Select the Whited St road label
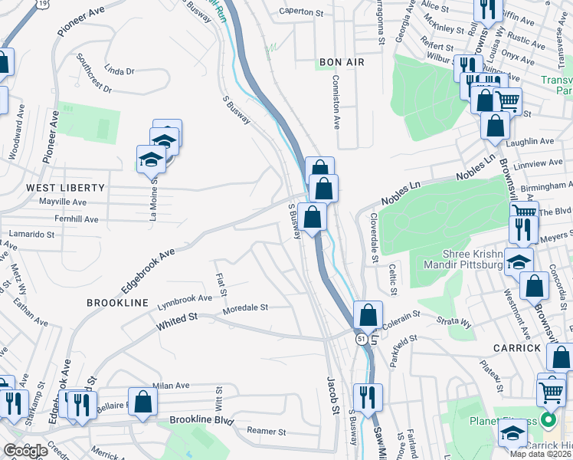click(x=177, y=321)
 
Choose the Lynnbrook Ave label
click(x=185, y=298)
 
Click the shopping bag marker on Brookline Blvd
click(x=142, y=401)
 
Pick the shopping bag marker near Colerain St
click(x=368, y=314)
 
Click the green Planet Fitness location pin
click(x=548, y=420)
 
